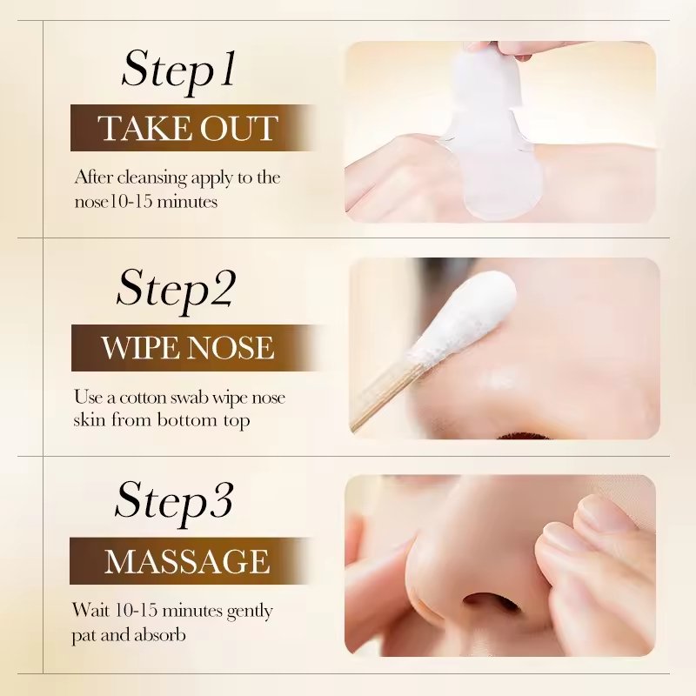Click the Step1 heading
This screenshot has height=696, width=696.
(178, 71)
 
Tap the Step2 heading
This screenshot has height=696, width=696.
(176, 290)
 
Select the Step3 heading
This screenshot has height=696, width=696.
(174, 503)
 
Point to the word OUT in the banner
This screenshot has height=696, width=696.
(239, 129)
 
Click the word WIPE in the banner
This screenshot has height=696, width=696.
(140, 347)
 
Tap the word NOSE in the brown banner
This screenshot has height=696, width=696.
(231, 347)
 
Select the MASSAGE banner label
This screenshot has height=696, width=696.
(187, 561)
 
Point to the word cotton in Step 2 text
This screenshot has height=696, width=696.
(144, 398)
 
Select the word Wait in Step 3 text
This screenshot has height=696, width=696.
(90, 610)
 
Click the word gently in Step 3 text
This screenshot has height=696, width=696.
(250, 612)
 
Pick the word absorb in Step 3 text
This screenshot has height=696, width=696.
(160, 635)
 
